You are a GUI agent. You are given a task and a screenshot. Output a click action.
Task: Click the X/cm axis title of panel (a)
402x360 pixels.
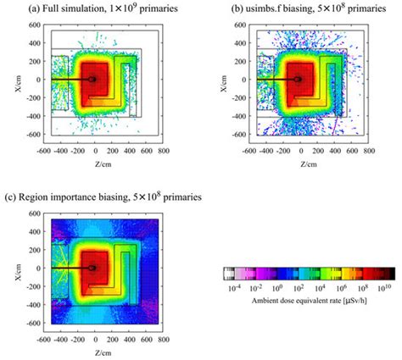click(8, 80)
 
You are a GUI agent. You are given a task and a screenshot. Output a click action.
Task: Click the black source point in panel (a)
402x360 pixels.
click(92, 80)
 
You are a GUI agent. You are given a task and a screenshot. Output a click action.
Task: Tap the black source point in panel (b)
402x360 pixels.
click(298, 80)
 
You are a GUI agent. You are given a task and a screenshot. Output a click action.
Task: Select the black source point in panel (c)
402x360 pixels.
click(92, 269)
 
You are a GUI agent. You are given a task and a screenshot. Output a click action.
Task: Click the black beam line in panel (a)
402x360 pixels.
click(68, 80)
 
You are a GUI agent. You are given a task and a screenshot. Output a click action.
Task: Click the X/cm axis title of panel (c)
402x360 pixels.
click(8, 269)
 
